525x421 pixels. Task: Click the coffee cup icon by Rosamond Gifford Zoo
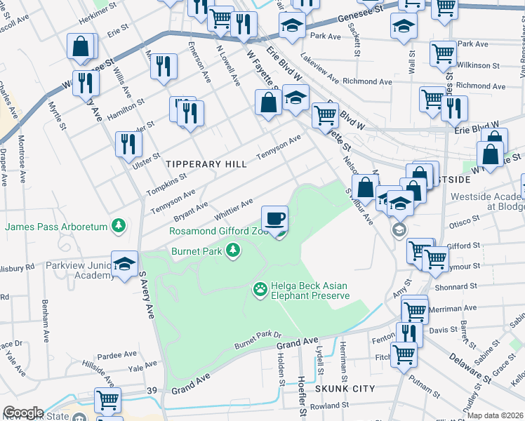(276, 218)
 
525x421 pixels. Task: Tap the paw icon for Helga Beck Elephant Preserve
(260, 288)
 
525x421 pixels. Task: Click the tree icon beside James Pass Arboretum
(120, 226)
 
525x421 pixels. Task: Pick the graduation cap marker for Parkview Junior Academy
(124, 264)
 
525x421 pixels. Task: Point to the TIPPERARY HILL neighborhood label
(206, 163)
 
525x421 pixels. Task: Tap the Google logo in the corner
(22, 413)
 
